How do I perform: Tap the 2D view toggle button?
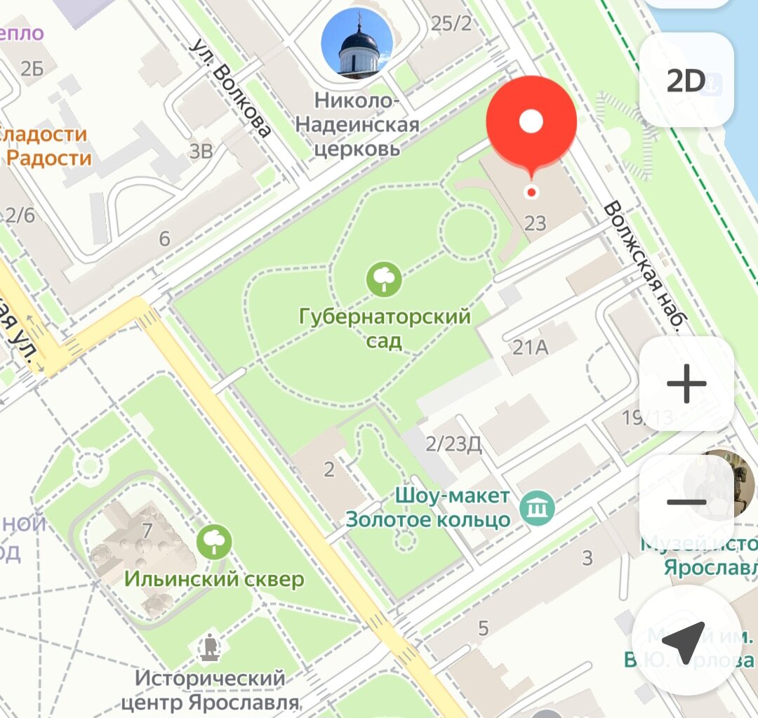tap(686, 81)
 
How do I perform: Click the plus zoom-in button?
tap(686, 384)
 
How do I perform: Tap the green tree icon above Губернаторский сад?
tap(384, 279)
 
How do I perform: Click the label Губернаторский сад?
tap(384, 328)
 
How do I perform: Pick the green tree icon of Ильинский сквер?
tap(214, 542)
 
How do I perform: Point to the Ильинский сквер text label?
tap(214, 579)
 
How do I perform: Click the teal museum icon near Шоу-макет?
tap(538, 505)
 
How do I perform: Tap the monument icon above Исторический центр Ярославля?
tap(209, 647)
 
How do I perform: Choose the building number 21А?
tap(531, 346)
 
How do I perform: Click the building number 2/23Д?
tap(453, 444)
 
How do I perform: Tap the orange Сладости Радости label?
tap(46, 145)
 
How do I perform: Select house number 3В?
tap(201, 150)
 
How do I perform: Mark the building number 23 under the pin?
tap(535, 224)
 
